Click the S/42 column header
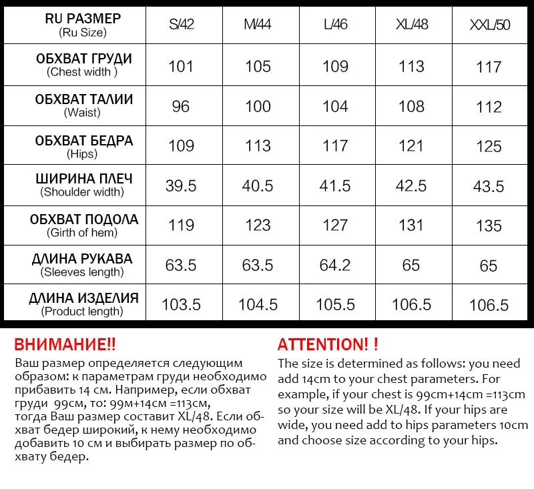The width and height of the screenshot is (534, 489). click(181, 25)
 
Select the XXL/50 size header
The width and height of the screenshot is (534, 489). click(489, 25)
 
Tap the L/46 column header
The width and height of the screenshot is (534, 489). click(335, 25)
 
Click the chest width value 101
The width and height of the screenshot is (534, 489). click(181, 66)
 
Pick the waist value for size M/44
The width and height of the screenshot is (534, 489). click(258, 106)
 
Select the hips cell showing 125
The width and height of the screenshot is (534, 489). click(489, 145)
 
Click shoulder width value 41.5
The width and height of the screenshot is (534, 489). click(335, 185)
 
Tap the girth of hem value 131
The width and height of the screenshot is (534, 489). click(411, 225)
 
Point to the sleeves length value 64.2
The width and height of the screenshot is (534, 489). click(335, 265)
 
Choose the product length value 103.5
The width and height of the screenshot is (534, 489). click(181, 304)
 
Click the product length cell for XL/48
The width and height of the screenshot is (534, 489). click(411, 304)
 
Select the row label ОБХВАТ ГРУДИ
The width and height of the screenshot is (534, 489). click(83, 59)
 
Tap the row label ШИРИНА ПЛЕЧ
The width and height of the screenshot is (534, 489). click(83, 179)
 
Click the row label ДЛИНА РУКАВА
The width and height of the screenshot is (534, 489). click(82, 259)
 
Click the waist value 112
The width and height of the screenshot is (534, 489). click(489, 106)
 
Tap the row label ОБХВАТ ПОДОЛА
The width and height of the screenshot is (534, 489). click(83, 219)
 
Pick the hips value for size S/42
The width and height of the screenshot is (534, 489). click(181, 145)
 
